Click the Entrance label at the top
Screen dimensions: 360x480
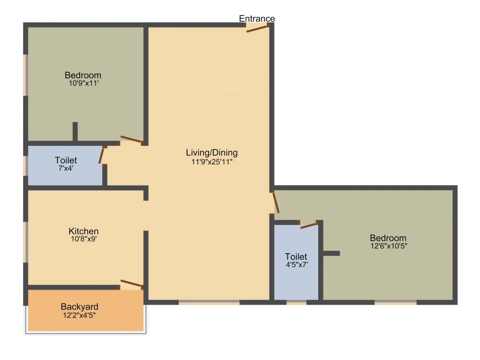(257, 19)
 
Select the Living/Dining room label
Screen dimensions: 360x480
(212, 152)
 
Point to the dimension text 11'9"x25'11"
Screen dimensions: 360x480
(212, 161)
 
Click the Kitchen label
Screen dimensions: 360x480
(83, 231)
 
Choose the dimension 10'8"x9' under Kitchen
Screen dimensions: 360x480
(83, 239)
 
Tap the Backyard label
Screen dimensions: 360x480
(80, 307)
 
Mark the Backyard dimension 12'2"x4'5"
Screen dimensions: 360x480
(80, 315)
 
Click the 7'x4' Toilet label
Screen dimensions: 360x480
(66, 161)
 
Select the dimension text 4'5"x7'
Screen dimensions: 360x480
(296, 264)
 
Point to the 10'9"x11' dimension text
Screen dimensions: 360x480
(83, 83)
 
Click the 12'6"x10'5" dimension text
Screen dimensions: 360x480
(388, 246)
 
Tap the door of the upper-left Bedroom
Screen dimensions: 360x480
(131, 139)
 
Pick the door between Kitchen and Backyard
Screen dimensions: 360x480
(131, 283)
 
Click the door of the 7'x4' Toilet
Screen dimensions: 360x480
(101, 155)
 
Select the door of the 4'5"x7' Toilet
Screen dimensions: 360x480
(309, 225)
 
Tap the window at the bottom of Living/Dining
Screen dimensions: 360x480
(209, 302)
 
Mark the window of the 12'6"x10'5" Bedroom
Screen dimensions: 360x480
(395, 302)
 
